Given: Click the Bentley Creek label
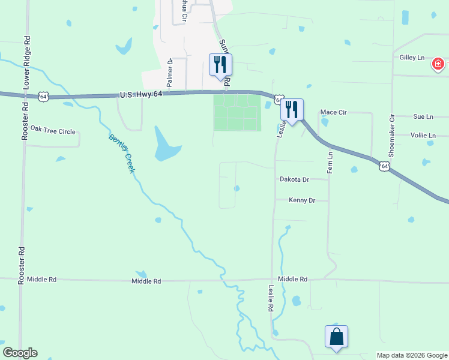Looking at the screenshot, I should click(121, 154).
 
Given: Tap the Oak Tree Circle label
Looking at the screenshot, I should click(53, 130).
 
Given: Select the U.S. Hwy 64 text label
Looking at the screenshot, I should click(141, 94).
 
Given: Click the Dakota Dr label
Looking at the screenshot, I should click(294, 179).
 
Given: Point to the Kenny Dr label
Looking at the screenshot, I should click(302, 200).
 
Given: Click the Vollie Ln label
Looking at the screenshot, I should click(423, 136).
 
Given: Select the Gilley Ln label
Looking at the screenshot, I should click(412, 58).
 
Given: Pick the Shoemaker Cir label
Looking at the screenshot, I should click(391, 135).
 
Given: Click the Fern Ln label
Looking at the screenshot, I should click(330, 163).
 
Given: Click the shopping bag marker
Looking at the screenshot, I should click(336, 338).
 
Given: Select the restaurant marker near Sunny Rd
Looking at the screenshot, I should click(220, 65).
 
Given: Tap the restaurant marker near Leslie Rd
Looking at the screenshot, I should click(292, 110).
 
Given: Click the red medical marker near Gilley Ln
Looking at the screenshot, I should click(438, 63).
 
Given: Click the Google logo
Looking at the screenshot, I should click(20, 353).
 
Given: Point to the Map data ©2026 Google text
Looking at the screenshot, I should click(412, 355).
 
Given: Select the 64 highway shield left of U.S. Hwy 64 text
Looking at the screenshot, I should click(43, 96).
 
